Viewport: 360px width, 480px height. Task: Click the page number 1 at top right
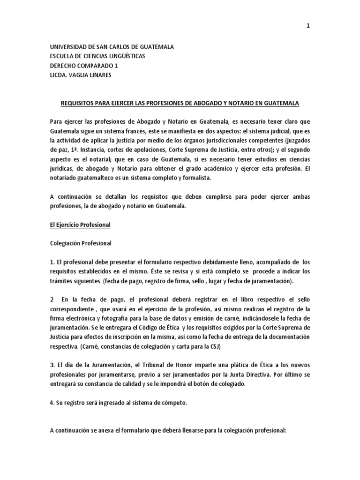coord(308,26)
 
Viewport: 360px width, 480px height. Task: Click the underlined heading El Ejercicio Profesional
coord(80,225)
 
